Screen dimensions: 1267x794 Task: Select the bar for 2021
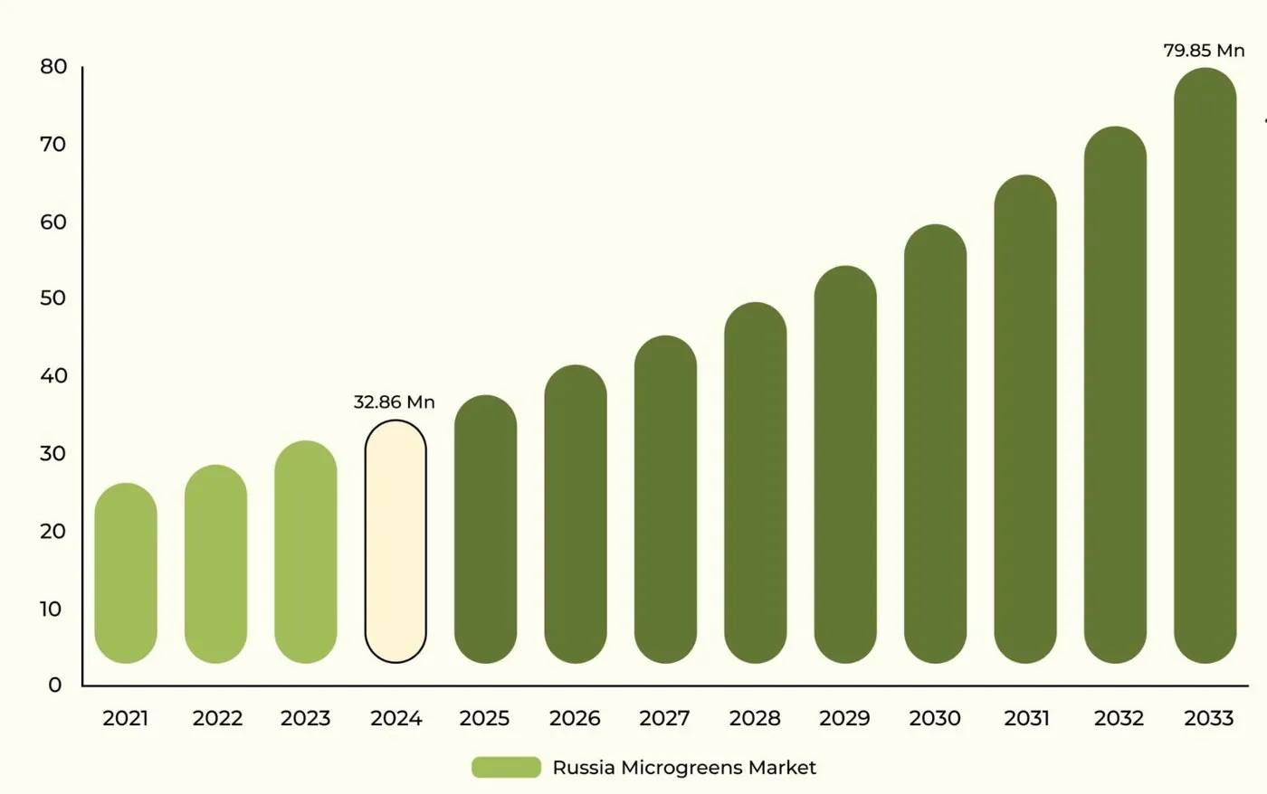tap(126, 573)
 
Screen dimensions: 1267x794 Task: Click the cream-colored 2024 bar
tap(395, 542)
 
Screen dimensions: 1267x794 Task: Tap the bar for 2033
tap(1205, 365)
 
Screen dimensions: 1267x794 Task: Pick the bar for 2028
tap(755, 483)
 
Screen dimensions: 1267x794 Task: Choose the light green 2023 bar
tap(306, 553)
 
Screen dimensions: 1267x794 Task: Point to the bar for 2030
tap(935, 444)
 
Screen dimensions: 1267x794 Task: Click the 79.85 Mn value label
tap(1204, 51)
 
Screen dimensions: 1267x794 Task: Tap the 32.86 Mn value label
tap(395, 402)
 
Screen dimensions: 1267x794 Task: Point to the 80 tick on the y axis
tap(53, 67)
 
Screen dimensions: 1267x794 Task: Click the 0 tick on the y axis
tap(55, 685)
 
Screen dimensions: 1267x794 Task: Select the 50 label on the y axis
tap(53, 298)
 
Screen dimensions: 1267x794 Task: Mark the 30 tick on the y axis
tap(53, 453)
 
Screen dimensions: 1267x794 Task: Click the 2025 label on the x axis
tap(485, 718)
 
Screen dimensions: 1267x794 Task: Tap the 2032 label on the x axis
tap(1119, 718)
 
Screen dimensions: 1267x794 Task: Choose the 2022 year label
tap(217, 718)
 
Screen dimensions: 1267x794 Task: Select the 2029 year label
tap(844, 718)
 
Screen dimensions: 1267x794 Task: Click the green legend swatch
tap(506, 768)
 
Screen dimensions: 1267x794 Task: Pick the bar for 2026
tap(576, 515)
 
